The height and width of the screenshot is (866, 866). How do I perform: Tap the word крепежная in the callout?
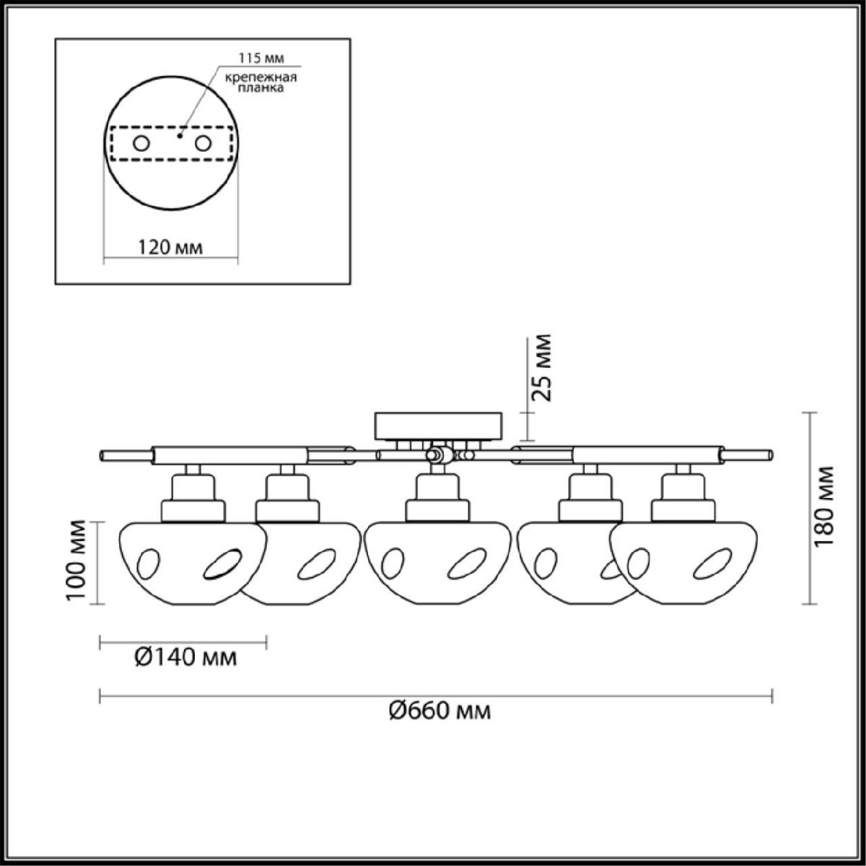tap(261, 77)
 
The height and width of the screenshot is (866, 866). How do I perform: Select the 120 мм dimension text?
tap(170, 248)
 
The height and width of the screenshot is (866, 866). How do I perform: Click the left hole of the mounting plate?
tap(141, 144)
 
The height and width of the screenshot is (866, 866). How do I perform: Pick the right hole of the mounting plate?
tap(203, 144)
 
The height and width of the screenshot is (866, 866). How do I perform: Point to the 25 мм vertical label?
tap(541, 367)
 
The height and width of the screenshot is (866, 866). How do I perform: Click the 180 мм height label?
tap(823, 507)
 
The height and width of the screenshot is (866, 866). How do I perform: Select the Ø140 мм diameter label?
tap(185, 658)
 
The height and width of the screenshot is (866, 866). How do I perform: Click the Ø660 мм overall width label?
tap(440, 711)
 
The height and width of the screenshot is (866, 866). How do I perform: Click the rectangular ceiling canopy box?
tap(438, 426)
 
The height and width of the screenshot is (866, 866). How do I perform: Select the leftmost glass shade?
tap(193, 563)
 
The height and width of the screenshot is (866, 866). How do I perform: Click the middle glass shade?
tap(437, 563)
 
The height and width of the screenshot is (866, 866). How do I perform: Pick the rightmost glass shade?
tap(683, 563)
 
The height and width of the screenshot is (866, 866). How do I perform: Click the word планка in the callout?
tap(261, 88)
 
